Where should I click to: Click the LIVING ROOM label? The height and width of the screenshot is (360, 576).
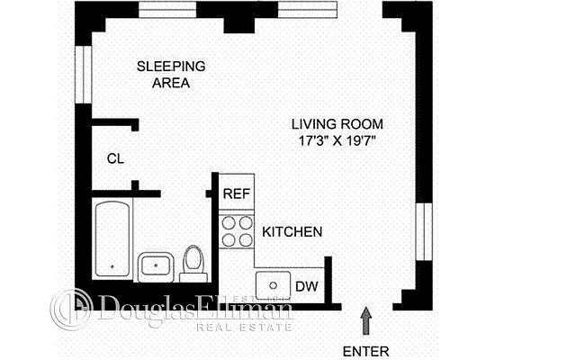(337, 123)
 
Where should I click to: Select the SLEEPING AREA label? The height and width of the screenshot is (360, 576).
(171, 74)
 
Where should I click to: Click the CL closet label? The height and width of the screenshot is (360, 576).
(115, 159)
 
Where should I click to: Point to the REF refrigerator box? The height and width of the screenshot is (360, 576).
(237, 193)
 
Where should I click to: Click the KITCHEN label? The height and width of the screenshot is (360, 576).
(292, 232)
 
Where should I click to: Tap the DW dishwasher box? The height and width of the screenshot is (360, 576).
(306, 287)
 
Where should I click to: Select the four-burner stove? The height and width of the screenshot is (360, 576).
(237, 230)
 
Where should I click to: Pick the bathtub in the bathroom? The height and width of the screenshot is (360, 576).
(113, 239)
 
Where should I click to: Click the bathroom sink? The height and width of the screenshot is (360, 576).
(158, 266)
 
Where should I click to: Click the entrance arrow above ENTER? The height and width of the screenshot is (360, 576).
(365, 319)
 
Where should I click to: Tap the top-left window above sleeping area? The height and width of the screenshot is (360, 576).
(167, 8)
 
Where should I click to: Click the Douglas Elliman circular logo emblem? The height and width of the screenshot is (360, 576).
(70, 309)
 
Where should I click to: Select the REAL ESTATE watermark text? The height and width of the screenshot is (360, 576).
(244, 327)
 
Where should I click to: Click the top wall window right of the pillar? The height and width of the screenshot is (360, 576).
(301, 8)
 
